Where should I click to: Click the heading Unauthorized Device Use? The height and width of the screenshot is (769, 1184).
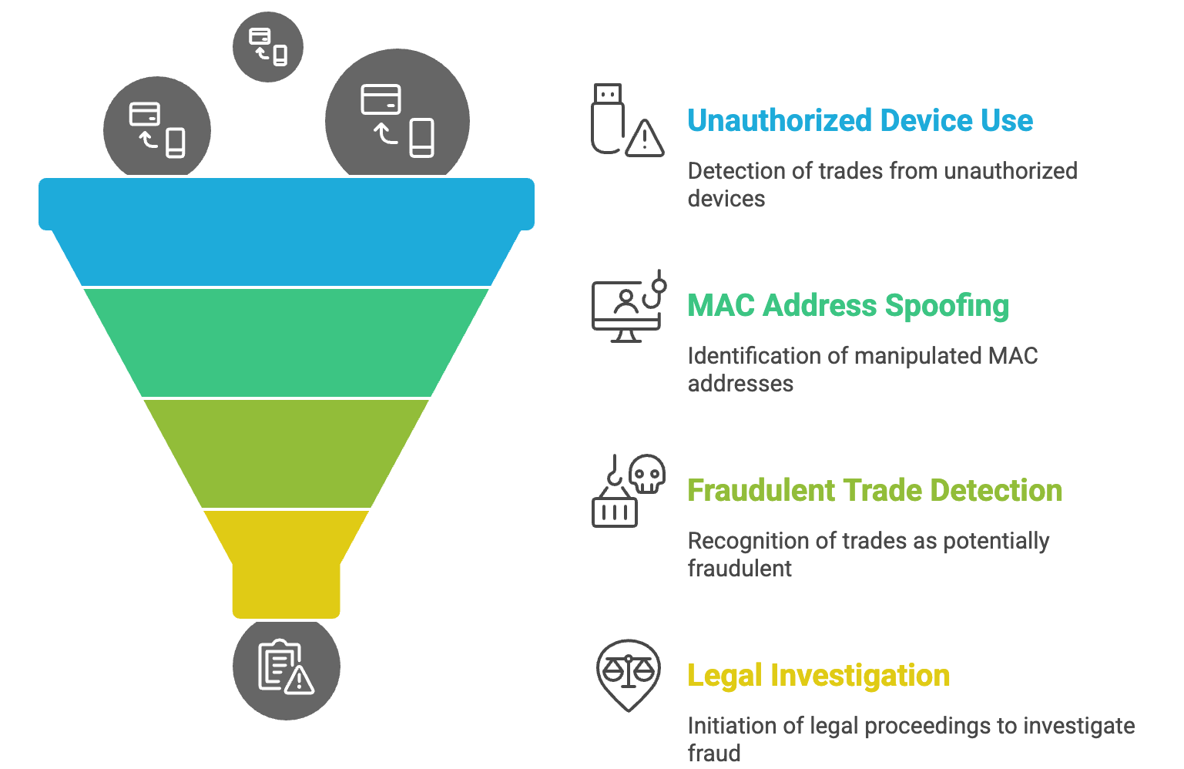tap(860, 120)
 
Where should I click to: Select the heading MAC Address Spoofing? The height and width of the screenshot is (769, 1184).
tap(848, 305)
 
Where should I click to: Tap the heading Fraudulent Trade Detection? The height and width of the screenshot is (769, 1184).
tap(875, 490)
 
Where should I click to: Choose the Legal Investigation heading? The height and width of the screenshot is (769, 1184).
tap(818, 676)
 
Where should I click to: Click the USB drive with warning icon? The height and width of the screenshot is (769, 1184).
tap(627, 120)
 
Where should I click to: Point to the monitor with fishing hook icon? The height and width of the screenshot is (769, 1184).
tap(629, 306)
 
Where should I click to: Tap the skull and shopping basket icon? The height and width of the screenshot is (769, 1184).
tap(628, 491)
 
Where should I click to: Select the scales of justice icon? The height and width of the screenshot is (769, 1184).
tap(629, 676)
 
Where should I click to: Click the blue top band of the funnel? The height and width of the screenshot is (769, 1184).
tap(287, 232)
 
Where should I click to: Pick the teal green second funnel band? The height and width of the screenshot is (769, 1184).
tap(287, 342)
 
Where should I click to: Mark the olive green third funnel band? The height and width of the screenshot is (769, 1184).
tap(287, 453)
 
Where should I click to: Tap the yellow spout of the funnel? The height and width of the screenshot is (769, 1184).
tap(287, 564)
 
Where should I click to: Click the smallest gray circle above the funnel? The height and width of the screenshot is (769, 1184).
tap(268, 46)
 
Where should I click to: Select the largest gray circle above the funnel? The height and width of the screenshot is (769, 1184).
tap(397, 114)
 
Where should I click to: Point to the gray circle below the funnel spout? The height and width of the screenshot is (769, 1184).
tap(287, 670)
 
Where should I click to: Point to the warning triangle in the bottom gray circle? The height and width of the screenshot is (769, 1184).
tap(300, 682)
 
